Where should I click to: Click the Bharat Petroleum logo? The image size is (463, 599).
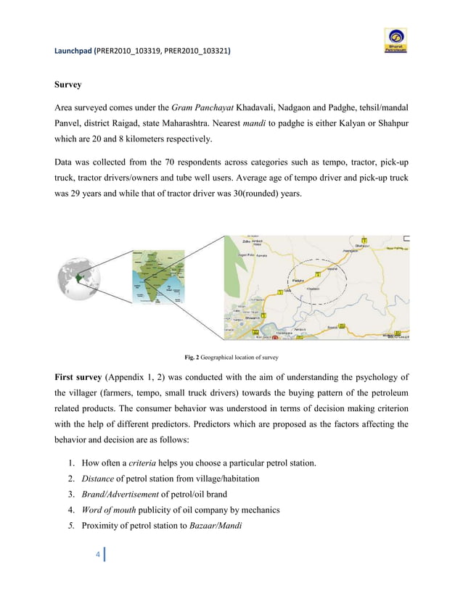point(396,41)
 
